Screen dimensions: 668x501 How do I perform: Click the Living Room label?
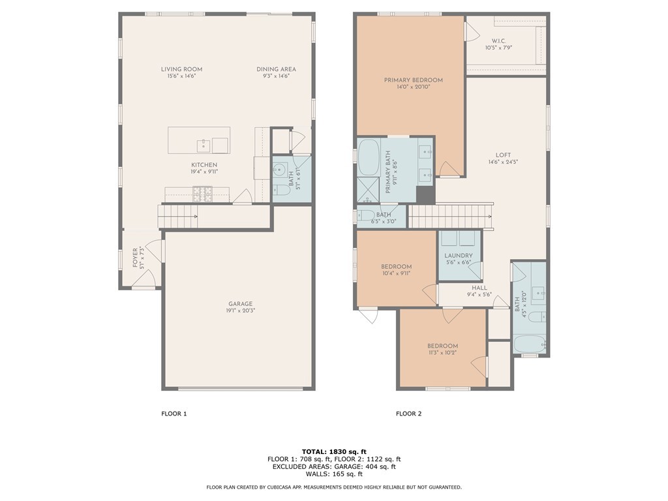click(x=181, y=69)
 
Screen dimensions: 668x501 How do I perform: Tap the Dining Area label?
click(x=276, y=69)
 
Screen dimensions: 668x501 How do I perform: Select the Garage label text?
click(x=240, y=304)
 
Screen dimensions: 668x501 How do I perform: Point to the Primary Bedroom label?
click(x=413, y=80)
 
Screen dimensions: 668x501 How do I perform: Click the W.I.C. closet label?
click(x=498, y=41)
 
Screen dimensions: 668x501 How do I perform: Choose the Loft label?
click(x=503, y=155)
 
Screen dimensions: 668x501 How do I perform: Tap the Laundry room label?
click(x=459, y=256)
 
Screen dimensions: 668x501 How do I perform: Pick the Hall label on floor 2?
click(x=479, y=288)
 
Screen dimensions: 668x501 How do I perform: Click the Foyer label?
click(x=135, y=258)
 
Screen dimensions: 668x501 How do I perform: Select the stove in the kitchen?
click(x=202, y=194)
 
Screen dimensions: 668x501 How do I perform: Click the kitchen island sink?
click(x=204, y=145)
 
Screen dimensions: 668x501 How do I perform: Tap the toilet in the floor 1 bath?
click(x=282, y=190)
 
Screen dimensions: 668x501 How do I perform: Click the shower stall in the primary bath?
click(x=368, y=190)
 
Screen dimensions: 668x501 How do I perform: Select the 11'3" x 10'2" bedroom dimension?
click(x=443, y=353)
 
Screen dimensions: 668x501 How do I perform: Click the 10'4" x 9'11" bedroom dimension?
click(x=396, y=273)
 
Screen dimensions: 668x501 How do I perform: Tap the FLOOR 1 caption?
click(x=174, y=413)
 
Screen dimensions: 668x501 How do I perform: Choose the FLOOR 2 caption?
click(x=408, y=413)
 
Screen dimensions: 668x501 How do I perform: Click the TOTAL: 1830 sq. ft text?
click(x=334, y=451)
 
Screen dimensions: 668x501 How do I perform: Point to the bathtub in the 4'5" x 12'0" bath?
click(x=530, y=344)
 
